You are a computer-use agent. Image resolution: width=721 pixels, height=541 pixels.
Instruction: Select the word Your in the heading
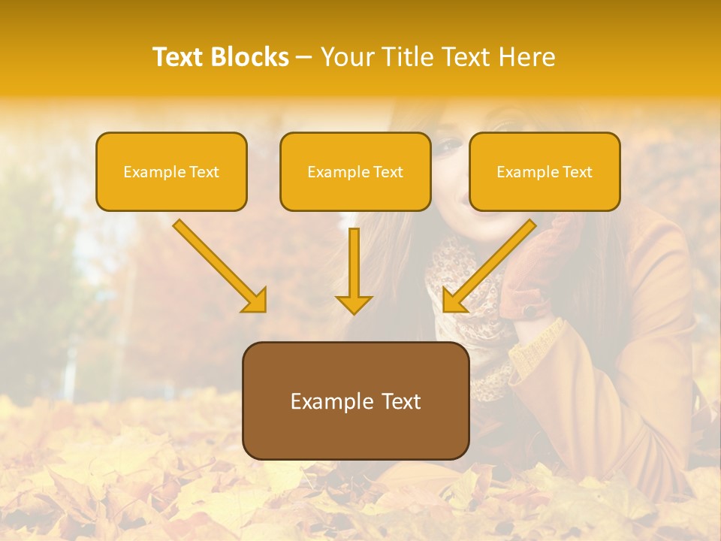coord(348,57)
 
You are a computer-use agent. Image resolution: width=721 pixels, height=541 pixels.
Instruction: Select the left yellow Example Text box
coord(171,171)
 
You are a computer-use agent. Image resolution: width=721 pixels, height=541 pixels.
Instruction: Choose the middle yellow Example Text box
coord(355,171)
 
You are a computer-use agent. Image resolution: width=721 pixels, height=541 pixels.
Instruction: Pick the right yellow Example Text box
coord(545,171)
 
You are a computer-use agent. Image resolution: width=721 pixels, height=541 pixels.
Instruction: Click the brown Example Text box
coord(355,400)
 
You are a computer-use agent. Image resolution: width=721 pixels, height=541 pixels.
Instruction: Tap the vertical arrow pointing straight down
coord(354,267)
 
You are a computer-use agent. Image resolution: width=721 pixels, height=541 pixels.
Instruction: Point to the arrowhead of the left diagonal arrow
coord(255,301)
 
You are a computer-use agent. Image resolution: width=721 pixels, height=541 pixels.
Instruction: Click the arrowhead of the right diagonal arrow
coord(454,301)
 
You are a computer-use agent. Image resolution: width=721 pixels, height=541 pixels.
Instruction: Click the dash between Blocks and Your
coord(304,57)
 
